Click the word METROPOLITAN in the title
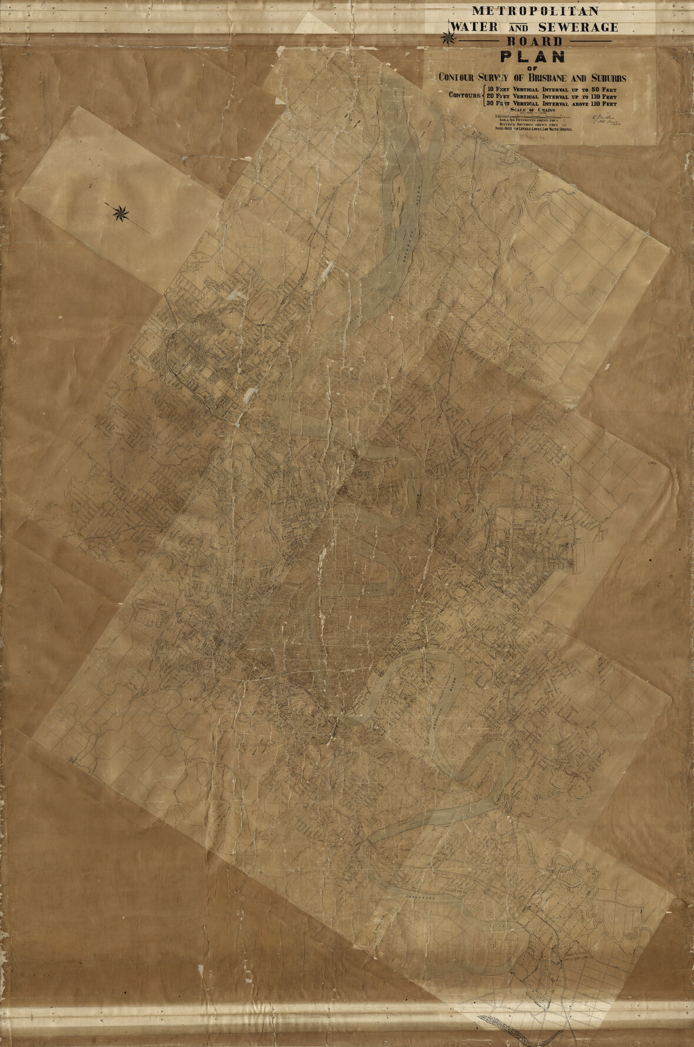[x=535, y=11]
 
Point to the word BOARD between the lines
[x=535, y=42]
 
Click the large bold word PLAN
[x=533, y=57]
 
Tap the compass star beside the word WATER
[x=449, y=39]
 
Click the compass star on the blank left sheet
[x=121, y=213]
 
